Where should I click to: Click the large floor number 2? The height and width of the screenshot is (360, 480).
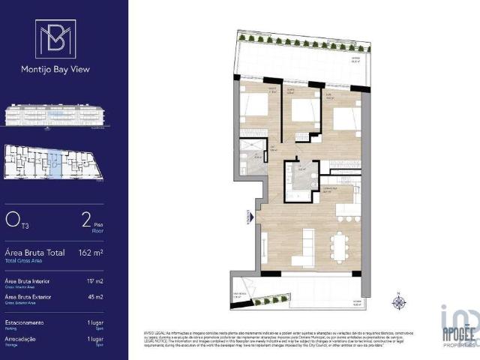tap(86, 220)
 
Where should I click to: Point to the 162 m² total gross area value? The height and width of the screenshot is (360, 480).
tap(91, 253)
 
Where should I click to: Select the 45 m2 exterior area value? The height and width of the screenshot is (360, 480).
tap(94, 297)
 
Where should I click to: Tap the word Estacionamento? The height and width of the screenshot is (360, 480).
tap(24, 322)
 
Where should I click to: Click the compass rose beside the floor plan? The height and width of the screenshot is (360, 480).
tap(399, 302)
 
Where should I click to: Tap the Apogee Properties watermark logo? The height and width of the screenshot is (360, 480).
tap(458, 327)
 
